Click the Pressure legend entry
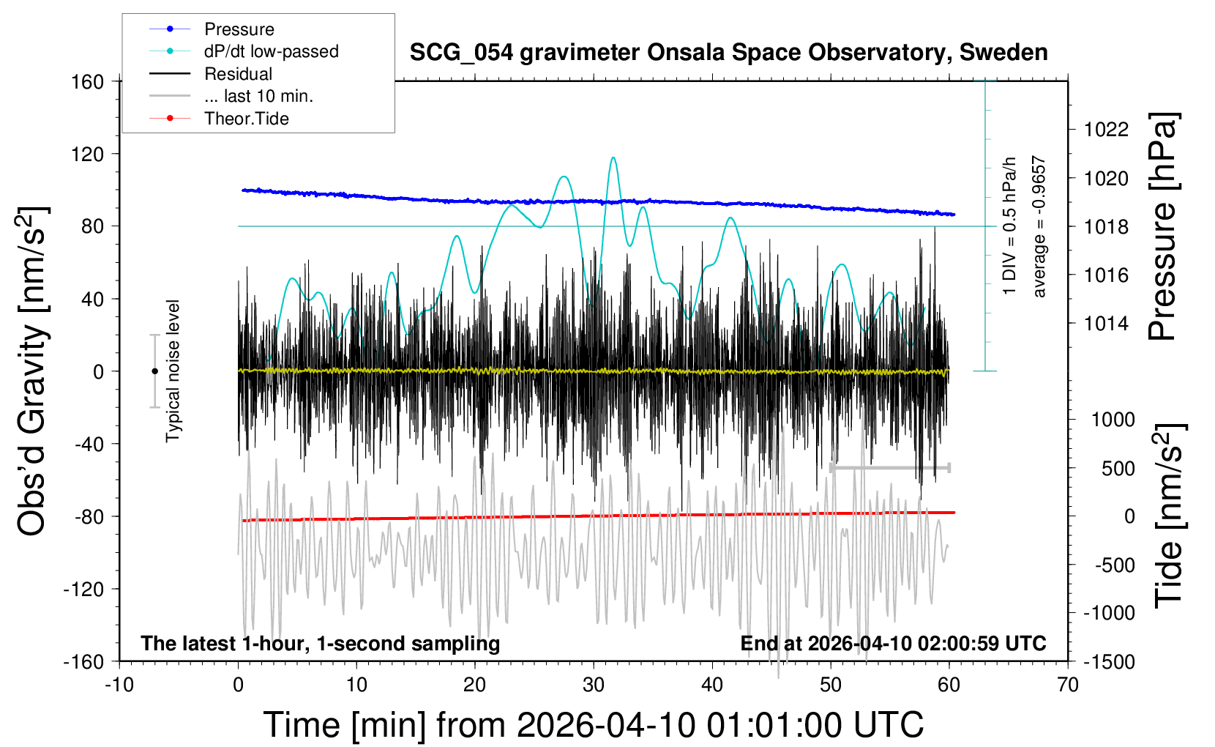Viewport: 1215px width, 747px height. coord(239,29)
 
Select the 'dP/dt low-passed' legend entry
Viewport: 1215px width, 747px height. coord(271,51)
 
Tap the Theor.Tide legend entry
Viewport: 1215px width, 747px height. coord(246,119)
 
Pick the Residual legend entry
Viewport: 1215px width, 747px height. coord(238,74)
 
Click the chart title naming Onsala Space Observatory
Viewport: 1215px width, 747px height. coord(728,53)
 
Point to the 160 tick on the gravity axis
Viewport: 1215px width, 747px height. coord(88,81)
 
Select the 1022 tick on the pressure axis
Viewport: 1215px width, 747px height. coord(1106,130)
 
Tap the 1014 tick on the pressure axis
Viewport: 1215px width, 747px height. coord(1106,323)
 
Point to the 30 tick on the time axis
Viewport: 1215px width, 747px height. coord(594,685)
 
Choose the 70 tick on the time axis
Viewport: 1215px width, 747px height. coord(1068,685)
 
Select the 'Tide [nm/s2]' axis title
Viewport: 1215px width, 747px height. coord(1168,516)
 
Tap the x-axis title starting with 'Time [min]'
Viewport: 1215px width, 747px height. coord(593,725)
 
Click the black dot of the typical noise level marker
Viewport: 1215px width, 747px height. coord(154,371)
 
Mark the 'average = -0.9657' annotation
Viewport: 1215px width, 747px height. coord(1039,227)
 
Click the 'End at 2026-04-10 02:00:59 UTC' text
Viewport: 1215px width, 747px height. coord(893,643)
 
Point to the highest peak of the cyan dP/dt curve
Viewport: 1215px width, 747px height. coord(613,157)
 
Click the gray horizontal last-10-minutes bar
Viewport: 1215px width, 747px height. coord(890,467)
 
